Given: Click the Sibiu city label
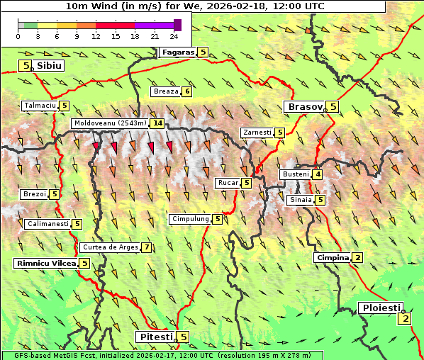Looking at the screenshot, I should click(49, 65).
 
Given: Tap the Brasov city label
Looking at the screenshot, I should click(305, 107).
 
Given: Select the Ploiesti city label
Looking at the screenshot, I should click(381, 308).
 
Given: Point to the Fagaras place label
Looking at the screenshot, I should click(177, 52).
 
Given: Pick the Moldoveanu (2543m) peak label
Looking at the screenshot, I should click(110, 123).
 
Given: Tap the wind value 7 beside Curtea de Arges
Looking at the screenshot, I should click(146, 247).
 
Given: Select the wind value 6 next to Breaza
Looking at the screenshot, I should click(187, 91).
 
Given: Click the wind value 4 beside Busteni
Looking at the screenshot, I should click(318, 174).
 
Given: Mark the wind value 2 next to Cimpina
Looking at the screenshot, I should click(358, 257).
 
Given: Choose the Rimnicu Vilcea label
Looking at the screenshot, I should click(45, 263).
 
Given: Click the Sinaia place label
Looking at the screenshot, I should click(299, 200).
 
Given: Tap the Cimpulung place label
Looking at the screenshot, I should click(190, 219).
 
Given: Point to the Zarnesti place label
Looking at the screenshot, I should click(257, 133).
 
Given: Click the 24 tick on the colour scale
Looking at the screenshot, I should click(174, 36).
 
